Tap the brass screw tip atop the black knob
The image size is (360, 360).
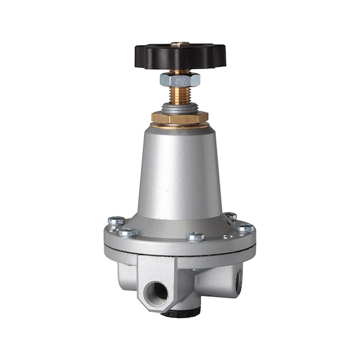coord(180,43)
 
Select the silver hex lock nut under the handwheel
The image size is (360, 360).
coord(180,79)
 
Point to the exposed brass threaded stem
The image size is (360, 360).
coord(180,96)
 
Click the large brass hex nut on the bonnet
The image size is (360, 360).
coord(180,117)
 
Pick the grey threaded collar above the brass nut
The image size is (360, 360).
coord(180,108)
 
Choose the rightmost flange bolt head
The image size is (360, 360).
coord(246,229)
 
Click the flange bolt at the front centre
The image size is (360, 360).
coord(196,237)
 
